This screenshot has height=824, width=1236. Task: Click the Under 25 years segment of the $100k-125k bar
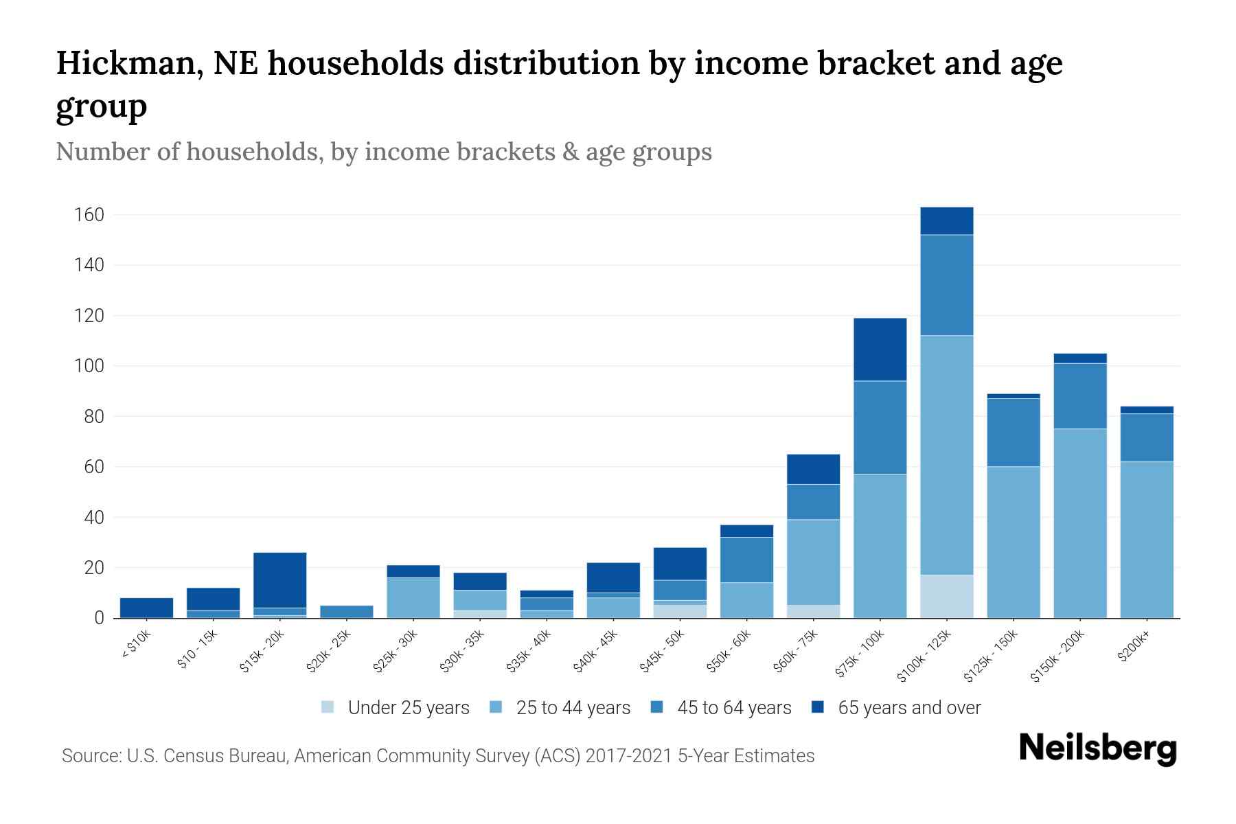946,596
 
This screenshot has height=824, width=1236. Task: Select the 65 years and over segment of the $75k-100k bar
880,349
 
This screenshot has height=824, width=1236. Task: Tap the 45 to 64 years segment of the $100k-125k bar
946,285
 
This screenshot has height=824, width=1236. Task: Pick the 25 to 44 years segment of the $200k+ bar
1146,539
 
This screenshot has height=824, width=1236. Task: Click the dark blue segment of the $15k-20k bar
280,580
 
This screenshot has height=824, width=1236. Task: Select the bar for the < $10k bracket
146,608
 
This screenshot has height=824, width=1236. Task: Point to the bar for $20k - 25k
347,611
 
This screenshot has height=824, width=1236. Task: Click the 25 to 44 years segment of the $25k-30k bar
413,597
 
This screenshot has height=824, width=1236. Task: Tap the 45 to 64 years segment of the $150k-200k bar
1079,396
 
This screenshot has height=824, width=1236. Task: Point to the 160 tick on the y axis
89,215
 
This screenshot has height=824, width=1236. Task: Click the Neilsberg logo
1097,749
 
